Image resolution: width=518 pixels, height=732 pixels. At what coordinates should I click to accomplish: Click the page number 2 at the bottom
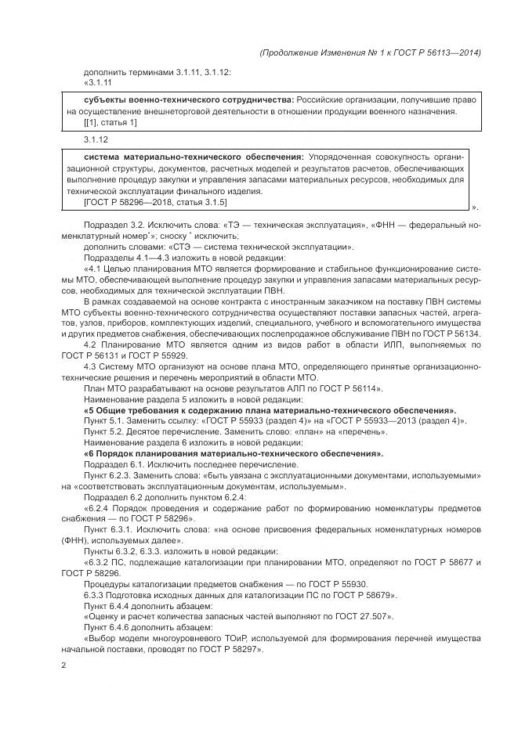click(64, 665)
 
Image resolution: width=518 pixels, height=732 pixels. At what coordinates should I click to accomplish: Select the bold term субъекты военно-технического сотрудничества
click(188, 100)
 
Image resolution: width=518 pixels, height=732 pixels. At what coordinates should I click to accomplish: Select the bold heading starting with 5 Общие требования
click(270, 410)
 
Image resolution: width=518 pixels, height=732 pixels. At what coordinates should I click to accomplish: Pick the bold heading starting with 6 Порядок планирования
click(233, 453)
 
